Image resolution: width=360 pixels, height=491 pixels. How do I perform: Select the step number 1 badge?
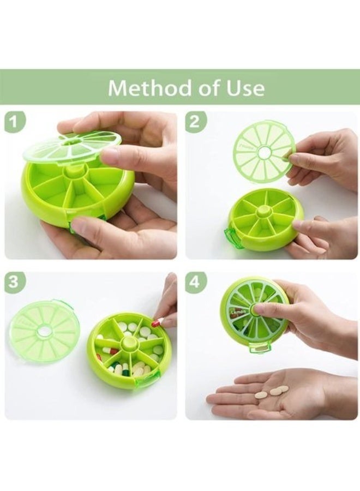point(16,122)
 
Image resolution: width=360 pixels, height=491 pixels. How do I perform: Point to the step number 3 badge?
point(16,283)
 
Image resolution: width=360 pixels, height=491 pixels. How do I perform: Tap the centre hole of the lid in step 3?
point(44,331)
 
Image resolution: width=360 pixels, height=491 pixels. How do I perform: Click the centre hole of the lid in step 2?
point(263,152)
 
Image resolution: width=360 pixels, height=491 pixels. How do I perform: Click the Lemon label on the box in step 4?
point(238,312)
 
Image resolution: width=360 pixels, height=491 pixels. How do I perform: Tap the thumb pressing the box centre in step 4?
point(262,309)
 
